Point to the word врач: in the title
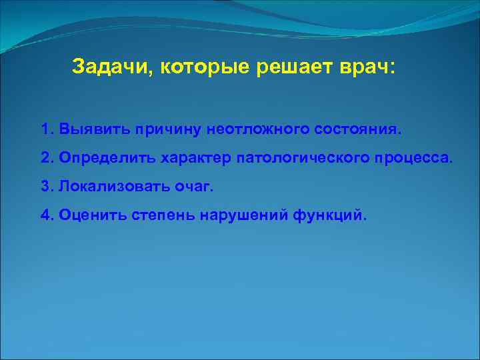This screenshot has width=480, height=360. tap(362, 67)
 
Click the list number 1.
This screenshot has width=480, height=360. tap(46, 128)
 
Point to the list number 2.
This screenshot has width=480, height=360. tap(46, 158)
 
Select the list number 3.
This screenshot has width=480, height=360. tap(46, 187)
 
